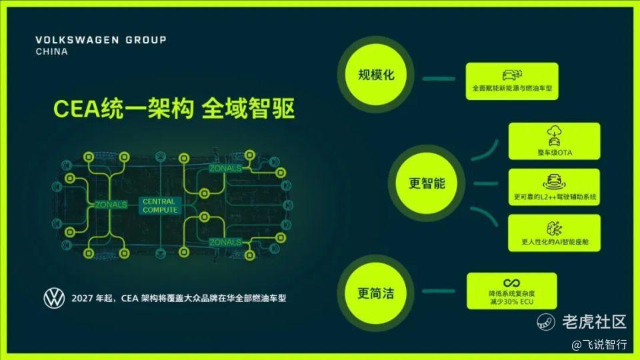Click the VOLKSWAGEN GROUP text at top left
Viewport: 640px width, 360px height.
coord(101,40)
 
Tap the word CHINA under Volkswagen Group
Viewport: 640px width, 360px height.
coord(52,51)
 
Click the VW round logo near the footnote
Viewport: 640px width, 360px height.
coord(54,298)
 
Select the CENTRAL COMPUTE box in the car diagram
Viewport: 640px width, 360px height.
coord(159,206)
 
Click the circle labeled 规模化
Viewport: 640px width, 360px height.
coord(376,75)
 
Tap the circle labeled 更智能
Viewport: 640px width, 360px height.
coord(427,183)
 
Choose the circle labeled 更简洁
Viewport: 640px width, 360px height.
coord(375,293)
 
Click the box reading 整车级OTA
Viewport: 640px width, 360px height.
coord(554,141)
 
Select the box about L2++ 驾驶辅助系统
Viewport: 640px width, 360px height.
coord(554,187)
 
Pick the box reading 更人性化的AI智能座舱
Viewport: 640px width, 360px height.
coord(554,233)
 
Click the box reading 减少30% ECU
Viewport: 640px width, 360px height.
coord(512,291)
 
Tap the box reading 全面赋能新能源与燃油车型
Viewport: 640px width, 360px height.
coord(512,81)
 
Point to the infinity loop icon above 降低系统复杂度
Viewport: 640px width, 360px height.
coord(511,283)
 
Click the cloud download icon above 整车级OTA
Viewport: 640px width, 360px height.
coord(554,131)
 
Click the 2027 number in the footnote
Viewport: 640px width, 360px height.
coord(82,299)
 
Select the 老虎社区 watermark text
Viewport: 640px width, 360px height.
coord(594,321)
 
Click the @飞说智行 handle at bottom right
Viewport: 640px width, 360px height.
coord(599,345)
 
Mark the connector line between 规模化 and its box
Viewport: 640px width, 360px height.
coord(439,79)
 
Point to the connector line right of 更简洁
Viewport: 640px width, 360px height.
coord(439,291)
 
